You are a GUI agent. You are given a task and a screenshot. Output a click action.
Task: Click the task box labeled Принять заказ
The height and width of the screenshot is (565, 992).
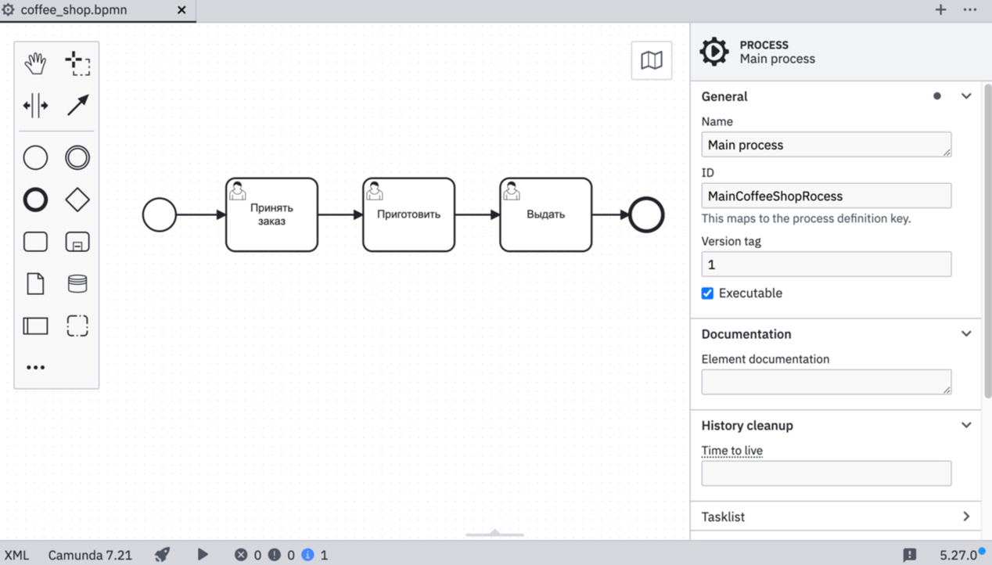click(271, 214)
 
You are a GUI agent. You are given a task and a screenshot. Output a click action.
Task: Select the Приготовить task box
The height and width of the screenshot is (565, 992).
click(408, 214)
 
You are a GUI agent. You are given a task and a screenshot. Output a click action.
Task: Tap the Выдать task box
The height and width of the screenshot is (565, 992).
click(545, 214)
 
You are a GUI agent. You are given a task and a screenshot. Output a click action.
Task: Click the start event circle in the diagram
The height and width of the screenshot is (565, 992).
click(160, 214)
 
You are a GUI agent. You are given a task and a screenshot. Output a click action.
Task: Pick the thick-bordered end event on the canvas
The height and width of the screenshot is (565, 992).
click(646, 214)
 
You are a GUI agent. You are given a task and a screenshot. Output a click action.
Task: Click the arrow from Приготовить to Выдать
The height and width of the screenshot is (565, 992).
click(477, 214)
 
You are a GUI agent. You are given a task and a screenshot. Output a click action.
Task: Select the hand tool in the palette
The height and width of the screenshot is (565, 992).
click(35, 63)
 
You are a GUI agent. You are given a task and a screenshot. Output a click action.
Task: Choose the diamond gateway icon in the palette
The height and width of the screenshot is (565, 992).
click(77, 200)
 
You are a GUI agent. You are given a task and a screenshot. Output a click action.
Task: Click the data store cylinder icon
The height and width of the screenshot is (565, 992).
click(77, 283)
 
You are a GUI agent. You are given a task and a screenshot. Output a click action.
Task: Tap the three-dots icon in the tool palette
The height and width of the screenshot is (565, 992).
click(35, 367)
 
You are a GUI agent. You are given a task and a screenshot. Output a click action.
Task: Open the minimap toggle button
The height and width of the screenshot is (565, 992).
click(652, 60)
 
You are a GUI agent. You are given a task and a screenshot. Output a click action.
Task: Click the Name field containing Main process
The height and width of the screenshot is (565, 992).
click(825, 145)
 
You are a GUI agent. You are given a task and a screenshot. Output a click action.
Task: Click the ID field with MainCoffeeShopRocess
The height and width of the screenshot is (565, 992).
click(825, 196)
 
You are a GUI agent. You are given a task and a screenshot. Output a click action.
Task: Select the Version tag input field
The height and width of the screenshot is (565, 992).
click(825, 265)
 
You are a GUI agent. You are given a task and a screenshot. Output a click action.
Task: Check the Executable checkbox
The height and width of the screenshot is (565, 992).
click(707, 293)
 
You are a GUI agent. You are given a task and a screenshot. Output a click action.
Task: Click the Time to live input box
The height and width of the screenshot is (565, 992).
click(825, 473)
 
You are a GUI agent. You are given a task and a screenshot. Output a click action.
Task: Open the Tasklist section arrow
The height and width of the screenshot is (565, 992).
click(966, 516)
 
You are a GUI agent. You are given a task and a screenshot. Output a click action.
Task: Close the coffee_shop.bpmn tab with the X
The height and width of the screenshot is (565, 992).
click(182, 10)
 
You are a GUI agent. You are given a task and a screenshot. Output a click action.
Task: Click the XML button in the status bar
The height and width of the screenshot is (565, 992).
click(16, 555)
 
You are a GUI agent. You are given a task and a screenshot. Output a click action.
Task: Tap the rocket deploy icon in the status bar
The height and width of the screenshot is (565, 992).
click(162, 555)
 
